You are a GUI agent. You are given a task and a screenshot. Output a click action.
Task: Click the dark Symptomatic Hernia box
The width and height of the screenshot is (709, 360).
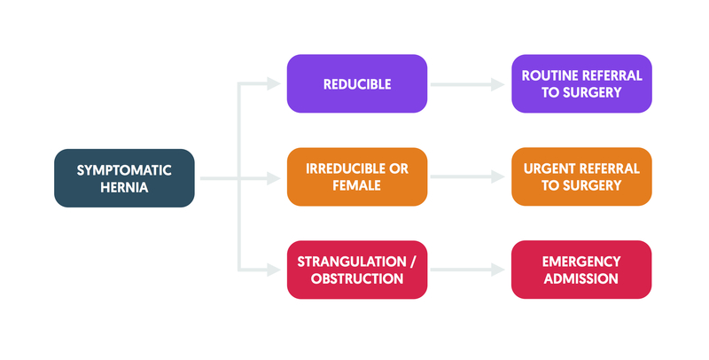click(124, 178)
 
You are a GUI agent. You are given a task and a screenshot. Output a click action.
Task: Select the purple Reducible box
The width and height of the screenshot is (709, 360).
click(357, 83)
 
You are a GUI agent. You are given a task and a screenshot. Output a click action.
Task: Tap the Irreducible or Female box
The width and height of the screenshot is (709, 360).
click(357, 176)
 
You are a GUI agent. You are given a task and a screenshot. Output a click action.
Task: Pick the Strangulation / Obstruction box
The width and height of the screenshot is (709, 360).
click(357, 270)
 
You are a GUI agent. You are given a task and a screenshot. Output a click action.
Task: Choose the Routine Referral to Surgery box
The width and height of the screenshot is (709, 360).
click(581, 83)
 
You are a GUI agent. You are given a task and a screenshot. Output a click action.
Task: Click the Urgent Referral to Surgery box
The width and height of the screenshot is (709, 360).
click(581, 176)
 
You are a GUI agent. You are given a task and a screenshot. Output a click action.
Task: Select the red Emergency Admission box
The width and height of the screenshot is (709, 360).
click(581, 270)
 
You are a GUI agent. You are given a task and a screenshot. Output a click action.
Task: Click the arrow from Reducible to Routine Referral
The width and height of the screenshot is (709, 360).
click(468, 84)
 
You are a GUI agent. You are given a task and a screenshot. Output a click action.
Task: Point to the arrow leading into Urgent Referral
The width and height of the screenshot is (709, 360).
click(468, 177)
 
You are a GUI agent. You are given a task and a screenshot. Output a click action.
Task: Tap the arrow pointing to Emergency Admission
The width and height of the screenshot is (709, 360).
click(468, 270)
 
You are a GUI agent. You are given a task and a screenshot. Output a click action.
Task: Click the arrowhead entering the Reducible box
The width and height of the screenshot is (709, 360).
click(274, 83)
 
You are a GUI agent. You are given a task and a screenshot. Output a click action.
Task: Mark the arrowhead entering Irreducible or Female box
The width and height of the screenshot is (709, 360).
click(274, 178)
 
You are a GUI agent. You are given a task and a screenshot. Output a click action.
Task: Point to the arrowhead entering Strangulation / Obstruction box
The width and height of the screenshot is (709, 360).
click(274, 270)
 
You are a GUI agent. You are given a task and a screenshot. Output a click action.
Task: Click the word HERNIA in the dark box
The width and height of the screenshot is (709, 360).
click(124, 187)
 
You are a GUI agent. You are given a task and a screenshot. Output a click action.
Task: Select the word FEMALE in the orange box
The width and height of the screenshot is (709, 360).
click(357, 185)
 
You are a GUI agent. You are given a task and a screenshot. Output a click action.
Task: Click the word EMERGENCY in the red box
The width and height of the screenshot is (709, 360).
click(581, 262)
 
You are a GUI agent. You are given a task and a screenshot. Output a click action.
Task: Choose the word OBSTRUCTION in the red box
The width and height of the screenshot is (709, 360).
click(357, 278)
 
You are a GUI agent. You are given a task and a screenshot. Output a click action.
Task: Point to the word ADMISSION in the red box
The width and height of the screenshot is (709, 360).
click(581, 278)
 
